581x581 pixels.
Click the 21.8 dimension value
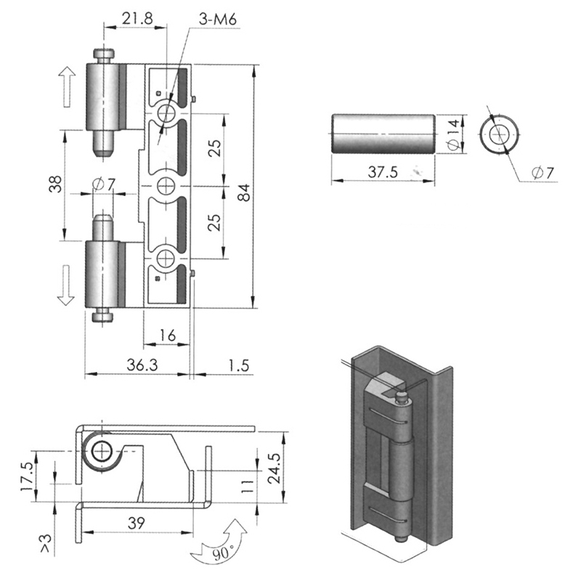pyautogui.click(x=137, y=19)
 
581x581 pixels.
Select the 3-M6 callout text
pyautogui.click(x=217, y=20)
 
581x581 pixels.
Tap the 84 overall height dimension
pyautogui.click(x=245, y=192)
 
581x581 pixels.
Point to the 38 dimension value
pyautogui.click(x=56, y=184)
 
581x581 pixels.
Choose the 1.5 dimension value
pyautogui.click(x=239, y=366)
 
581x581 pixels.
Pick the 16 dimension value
pyautogui.click(x=168, y=336)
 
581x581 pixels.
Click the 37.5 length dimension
pyautogui.click(x=383, y=172)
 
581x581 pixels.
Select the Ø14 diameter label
pyautogui.click(x=455, y=135)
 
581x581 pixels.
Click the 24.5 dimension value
pyautogui.click(x=275, y=468)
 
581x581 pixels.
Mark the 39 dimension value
pyautogui.click(x=137, y=523)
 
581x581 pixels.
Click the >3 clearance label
pyautogui.click(x=46, y=543)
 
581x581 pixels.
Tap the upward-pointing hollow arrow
pyautogui.click(x=67, y=86)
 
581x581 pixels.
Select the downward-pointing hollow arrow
pyautogui.click(x=66, y=285)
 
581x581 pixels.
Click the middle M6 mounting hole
pyautogui.click(x=166, y=186)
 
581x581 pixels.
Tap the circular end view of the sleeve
pyautogui.click(x=499, y=134)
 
